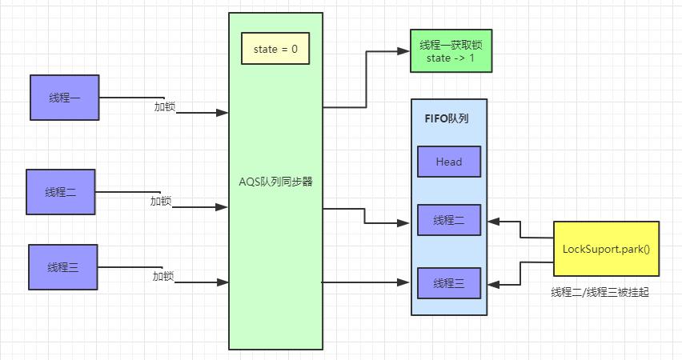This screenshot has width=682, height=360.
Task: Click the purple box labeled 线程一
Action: coord(64,98)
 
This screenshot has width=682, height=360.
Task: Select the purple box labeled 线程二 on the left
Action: coord(61,192)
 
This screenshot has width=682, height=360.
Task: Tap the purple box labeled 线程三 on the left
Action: coord(62,267)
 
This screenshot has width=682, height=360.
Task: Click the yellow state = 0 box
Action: coord(275,49)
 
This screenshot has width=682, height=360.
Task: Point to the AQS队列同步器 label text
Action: coord(275,182)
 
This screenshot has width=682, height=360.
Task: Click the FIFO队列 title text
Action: coord(446,118)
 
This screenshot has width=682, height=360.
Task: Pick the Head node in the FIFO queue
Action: coord(448,162)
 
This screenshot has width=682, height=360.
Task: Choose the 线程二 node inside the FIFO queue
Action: coord(448,220)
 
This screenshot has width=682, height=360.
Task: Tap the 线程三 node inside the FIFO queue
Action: coord(448,283)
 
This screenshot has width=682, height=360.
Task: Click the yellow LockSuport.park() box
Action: coord(606,249)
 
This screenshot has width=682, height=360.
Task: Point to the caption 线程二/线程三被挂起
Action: coord(600,293)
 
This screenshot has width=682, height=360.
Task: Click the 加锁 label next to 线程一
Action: coord(165,106)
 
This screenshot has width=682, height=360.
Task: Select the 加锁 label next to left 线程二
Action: coord(161,201)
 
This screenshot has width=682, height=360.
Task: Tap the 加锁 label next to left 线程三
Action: coord(163,276)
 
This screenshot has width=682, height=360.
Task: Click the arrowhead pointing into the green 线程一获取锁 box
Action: coord(403,51)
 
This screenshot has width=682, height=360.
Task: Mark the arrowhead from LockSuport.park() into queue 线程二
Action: coord(493,220)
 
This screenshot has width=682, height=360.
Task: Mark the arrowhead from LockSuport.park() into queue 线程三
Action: coord(493,284)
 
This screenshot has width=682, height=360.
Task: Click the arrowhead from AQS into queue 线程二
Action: coord(405,223)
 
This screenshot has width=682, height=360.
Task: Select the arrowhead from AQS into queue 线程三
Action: coord(405,282)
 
